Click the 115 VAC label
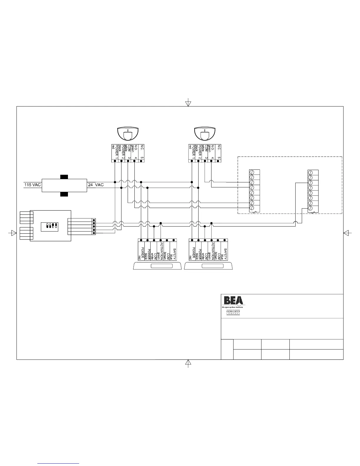point(32,185)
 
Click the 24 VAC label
point(96,185)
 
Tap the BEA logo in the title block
point(234,300)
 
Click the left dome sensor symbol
point(128,134)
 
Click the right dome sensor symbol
point(205,134)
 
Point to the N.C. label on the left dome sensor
point(142,147)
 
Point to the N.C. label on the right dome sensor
point(219,147)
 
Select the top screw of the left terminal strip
point(252,172)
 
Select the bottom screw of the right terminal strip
point(310,208)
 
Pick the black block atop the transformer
point(64,177)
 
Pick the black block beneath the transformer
point(64,194)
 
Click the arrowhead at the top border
point(188,104)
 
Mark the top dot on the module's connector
point(94,220)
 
